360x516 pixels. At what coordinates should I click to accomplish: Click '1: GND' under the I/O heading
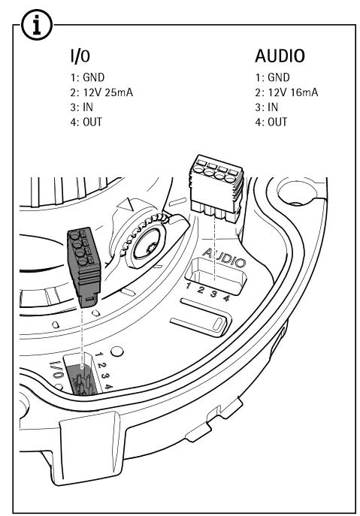tap(85, 77)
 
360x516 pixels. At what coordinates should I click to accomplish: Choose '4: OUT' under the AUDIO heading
tap(272, 122)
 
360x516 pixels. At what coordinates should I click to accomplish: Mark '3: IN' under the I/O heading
tap(81, 107)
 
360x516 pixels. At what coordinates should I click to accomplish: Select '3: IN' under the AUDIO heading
tap(269, 107)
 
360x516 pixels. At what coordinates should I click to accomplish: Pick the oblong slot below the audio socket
tap(198, 324)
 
